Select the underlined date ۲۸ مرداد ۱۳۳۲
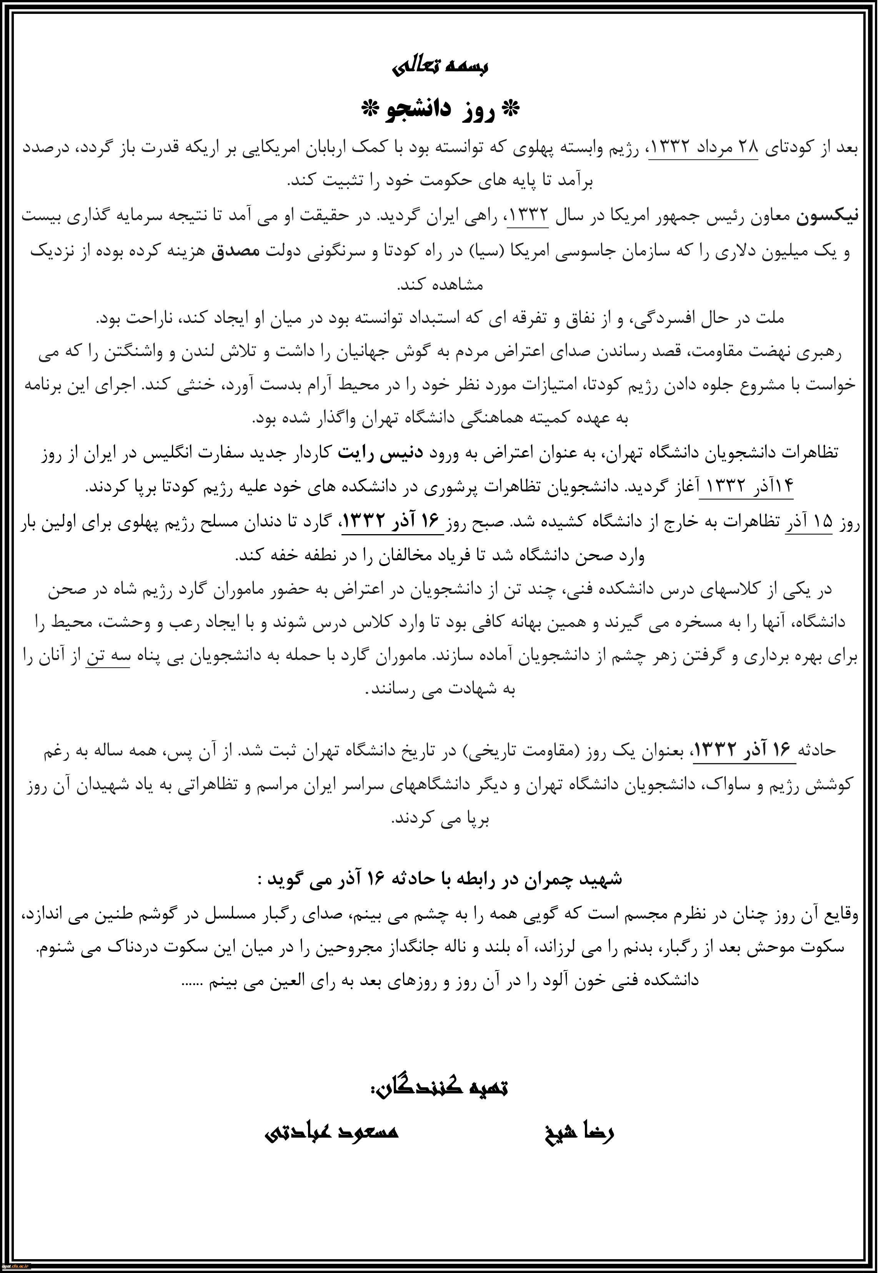point(704,149)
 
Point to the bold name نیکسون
point(826,217)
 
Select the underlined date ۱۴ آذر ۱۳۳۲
point(746,486)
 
